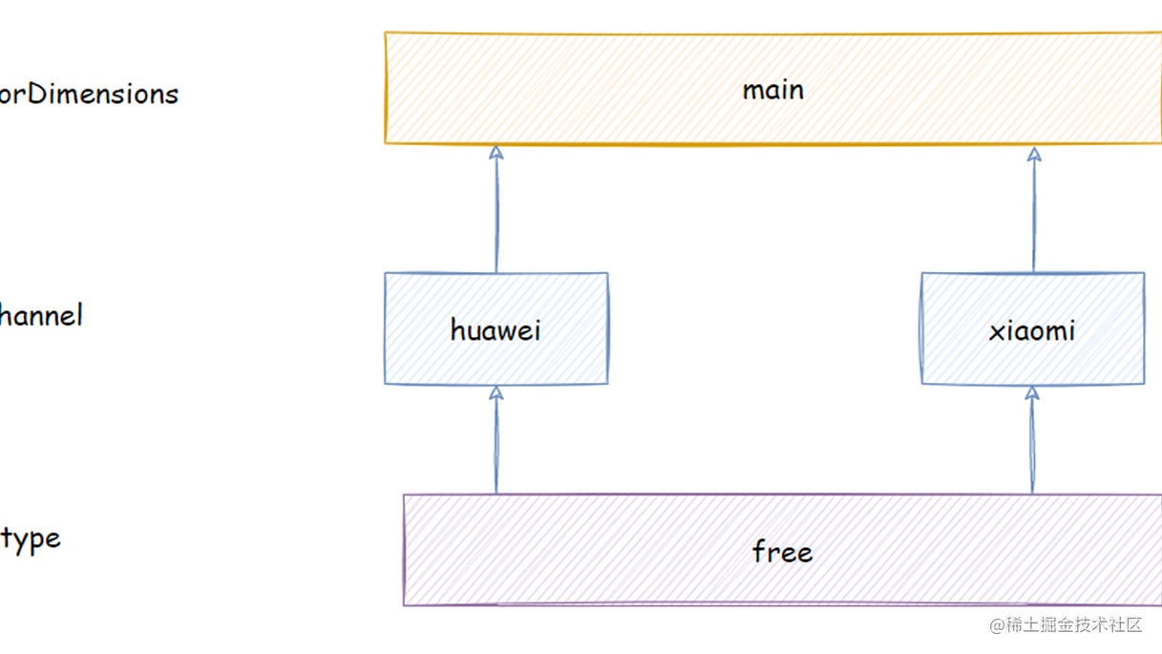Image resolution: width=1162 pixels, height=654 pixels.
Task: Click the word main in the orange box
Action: pos(772,90)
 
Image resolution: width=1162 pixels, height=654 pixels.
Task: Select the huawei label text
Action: pos(496,330)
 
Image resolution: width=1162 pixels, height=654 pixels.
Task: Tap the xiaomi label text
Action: pos(1032,330)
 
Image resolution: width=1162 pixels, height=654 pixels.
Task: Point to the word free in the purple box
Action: pos(782,552)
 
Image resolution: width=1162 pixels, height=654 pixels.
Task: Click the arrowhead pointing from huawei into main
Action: pos(496,153)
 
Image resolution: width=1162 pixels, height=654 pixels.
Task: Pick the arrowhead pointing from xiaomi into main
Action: pos(1034,154)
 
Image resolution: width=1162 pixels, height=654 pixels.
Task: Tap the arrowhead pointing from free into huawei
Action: pos(496,393)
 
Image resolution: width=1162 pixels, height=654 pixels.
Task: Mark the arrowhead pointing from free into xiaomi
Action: pos(1032,393)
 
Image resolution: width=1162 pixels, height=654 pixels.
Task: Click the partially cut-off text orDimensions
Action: pos(88,94)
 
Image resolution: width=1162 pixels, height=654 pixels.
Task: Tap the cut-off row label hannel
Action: pos(40,315)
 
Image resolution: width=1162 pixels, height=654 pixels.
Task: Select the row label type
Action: pos(31,539)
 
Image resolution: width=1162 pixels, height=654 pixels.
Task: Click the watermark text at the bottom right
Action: pos(1066,625)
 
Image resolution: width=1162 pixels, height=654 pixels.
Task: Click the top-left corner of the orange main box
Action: pos(386,33)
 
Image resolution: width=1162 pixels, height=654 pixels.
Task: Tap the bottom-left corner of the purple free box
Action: pos(405,604)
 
